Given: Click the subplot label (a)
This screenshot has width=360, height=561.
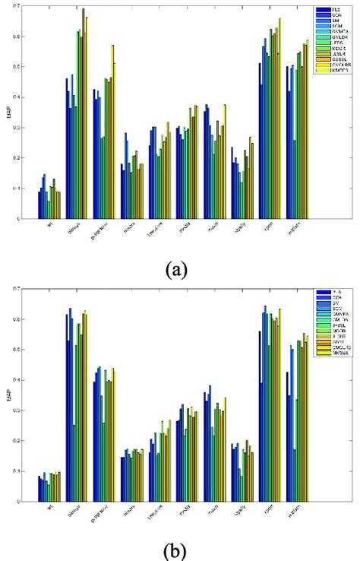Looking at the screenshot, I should click(x=181, y=268).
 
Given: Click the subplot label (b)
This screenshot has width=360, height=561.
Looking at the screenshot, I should click(x=181, y=550).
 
